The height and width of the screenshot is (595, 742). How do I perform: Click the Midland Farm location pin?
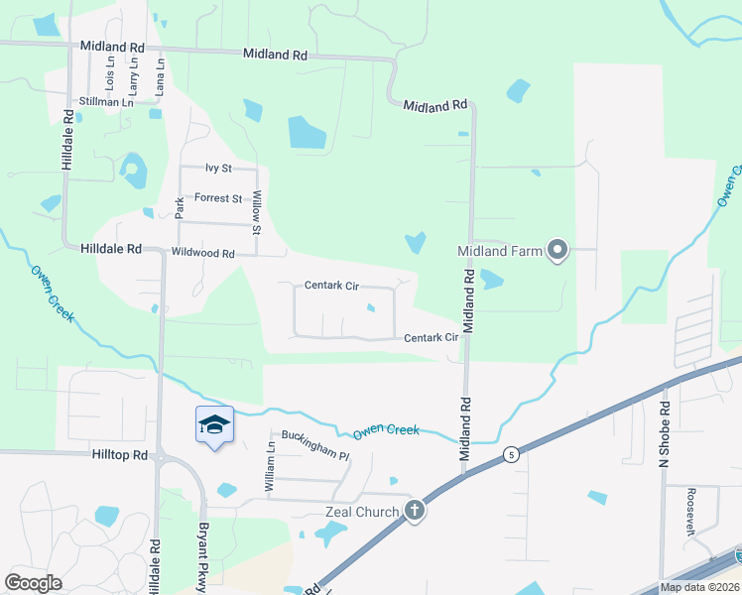pyautogui.click(x=557, y=251)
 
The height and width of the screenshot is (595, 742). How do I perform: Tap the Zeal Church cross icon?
pyautogui.click(x=415, y=512)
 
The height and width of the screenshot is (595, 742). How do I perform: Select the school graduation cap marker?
pyautogui.click(x=214, y=425)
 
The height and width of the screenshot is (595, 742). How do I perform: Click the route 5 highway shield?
pyautogui.click(x=510, y=454)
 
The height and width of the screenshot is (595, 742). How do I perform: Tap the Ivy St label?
pyautogui.click(x=218, y=169)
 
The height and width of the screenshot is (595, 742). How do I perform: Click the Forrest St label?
pyautogui.click(x=218, y=198)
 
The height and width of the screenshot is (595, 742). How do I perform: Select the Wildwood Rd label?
pyautogui.click(x=201, y=254)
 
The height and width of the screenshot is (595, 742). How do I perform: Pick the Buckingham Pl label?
pyautogui.click(x=315, y=451)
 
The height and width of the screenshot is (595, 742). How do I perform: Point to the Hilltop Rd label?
pyautogui.click(x=127, y=455)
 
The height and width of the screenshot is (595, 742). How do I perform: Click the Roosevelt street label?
pyautogui.click(x=690, y=512)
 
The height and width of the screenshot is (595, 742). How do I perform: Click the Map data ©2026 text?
pyautogui.click(x=699, y=587)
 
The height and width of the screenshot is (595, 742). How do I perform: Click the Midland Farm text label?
pyautogui.click(x=500, y=251)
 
